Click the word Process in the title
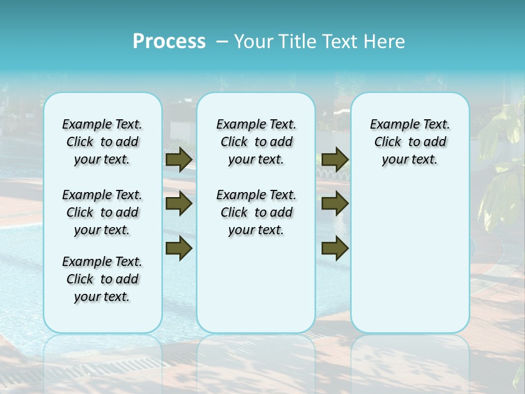(169, 41)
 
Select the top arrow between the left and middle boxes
(178, 159)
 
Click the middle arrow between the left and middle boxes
(178, 204)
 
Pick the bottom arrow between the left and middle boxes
(178, 248)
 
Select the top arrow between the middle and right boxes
(335, 159)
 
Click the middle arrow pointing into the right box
(335, 204)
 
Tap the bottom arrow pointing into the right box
(335, 248)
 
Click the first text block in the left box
(102, 142)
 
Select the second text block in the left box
(102, 212)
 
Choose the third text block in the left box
(102, 279)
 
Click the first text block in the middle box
(256, 142)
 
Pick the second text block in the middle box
(256, 212)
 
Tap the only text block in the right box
(410, 142)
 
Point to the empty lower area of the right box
(410, 257)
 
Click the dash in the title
(222, 42)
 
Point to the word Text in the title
(337, 42)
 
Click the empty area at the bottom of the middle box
(256, 290)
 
